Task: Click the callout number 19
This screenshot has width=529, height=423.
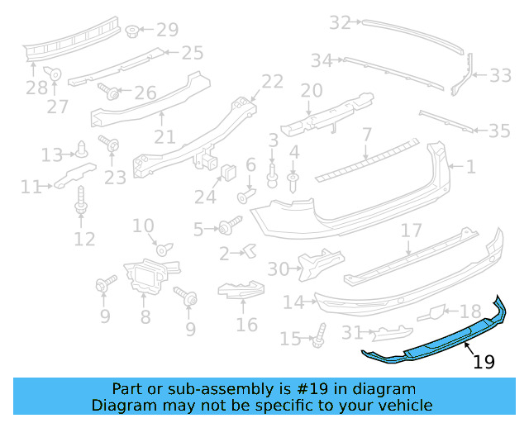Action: tap(484, 361)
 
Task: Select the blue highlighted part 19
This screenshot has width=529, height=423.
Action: tap(438, 340)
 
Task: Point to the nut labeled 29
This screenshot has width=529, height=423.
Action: tap(132, 31)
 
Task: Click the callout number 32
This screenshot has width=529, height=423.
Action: tap(341, 23)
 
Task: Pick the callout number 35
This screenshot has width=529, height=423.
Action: tap(499, 131)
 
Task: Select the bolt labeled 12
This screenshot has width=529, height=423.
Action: tap(81, 201)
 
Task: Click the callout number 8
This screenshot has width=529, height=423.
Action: tap(145, 316)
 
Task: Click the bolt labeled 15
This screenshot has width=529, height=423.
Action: tap(319, 335)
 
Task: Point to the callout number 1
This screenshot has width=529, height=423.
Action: tap(470, 167)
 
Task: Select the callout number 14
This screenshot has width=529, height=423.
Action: tap(293, 302)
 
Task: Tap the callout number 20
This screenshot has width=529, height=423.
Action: tap(311, 91)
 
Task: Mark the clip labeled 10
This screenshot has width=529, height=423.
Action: tap(163, 249)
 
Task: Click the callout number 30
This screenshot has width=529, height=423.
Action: tap(279, 269)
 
